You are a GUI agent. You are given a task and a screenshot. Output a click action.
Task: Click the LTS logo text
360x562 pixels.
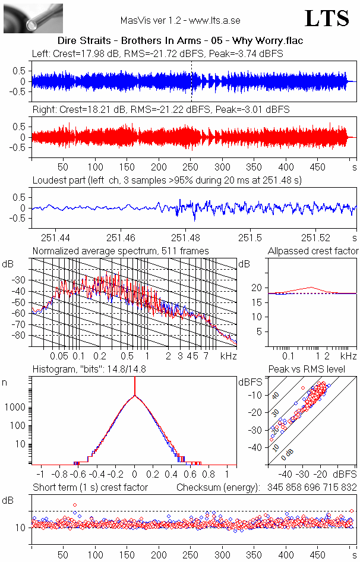tap(327, 18)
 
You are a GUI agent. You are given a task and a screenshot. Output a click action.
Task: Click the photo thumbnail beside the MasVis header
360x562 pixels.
tap(33, 18)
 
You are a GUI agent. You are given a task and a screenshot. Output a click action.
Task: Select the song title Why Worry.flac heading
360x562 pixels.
tap(267, 40)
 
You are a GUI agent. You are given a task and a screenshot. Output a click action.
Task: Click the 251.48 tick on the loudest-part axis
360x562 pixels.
tap(185, 238)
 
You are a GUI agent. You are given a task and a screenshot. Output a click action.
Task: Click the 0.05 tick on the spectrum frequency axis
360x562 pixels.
tap(59, 356)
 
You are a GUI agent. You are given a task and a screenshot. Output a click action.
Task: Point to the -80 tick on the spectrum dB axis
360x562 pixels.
tap(20, 336)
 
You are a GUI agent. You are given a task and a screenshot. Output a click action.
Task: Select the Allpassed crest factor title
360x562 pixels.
tap(313, 251)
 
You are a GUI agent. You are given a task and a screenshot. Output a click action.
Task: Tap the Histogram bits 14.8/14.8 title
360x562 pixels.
tap(89, 369)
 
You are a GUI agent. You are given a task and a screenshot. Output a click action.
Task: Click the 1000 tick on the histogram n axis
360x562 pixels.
tap(15, 408)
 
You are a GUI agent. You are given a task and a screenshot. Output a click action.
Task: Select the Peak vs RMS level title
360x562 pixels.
tap(307, 369)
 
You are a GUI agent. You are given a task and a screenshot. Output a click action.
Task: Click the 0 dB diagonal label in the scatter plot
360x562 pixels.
tap(287, 455)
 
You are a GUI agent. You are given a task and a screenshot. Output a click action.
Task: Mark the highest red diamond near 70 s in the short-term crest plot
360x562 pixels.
tap(75, 505)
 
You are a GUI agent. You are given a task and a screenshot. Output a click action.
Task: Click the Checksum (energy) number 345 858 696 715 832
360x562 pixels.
tap(312, 488)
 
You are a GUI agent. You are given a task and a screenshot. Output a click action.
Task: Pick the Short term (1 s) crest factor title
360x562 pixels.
tap(90, 488)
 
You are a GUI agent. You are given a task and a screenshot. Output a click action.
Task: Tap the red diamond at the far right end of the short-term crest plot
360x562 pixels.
tap(352, 511)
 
